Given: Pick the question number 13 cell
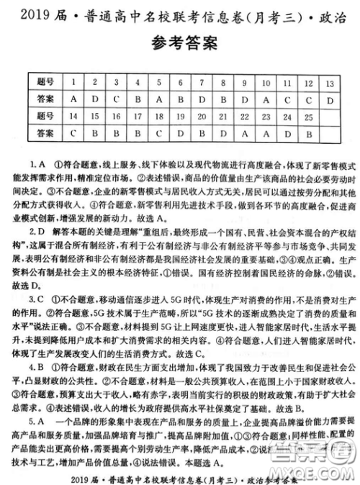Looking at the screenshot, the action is [x=330, y=81].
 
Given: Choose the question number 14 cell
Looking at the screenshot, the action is [x=74, y=114].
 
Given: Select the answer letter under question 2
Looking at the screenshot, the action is [x=96, y=99].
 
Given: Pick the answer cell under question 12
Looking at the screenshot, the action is [x=308, y=99].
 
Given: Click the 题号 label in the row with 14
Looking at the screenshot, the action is [x=45, y=114].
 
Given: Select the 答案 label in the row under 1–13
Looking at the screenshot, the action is [x=45, y=99].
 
